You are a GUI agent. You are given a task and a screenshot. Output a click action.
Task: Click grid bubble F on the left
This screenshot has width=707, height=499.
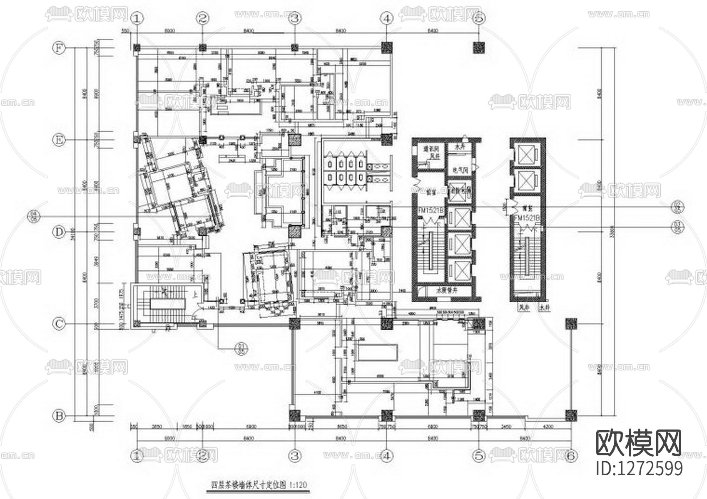click(59, 48)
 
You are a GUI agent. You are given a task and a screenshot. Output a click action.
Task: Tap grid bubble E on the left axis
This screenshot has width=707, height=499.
click(59, 141)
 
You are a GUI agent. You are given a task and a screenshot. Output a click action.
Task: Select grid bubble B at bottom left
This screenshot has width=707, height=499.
click(59, 415)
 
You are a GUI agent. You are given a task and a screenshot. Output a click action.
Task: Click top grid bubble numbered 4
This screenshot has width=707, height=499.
click(387, 18)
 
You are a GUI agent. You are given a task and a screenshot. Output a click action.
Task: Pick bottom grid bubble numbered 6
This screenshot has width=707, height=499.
click(571, 456)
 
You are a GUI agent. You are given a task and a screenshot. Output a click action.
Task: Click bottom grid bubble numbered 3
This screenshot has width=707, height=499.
click(295, 456)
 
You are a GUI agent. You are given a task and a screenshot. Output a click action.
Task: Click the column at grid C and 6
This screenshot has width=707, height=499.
click(571, 324)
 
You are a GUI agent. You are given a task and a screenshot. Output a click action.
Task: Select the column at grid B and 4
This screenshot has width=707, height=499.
click(387, 415)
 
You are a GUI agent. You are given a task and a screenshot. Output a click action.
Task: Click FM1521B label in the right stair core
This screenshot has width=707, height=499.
click(527, 218)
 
